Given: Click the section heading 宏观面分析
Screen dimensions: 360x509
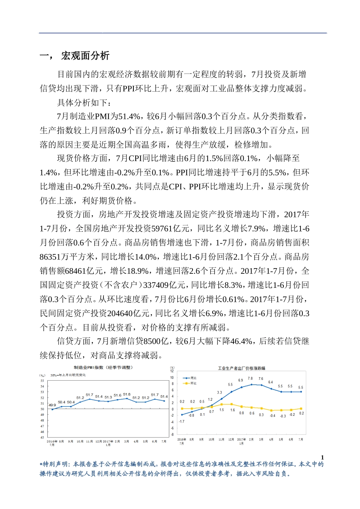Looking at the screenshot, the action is coord(85,56).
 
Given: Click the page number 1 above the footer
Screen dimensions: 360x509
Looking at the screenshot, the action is coord(322,457).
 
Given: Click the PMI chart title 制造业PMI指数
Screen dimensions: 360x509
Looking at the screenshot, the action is coord(103,367).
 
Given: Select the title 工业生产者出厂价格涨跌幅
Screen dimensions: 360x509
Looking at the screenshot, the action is coord(241,368).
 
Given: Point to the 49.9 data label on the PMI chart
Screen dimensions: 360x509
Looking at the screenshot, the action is coord(52,405).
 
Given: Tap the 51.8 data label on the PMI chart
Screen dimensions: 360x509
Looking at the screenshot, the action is coord(127,395).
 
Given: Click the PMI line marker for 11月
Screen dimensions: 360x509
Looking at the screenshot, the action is coord(89,399).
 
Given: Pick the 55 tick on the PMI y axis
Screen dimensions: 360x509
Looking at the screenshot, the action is coord(42,381).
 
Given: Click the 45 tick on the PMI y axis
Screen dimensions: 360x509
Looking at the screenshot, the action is coord(42,437).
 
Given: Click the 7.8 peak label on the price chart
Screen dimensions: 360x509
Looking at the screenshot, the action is coord(250,378).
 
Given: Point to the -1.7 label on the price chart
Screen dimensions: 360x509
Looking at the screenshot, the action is coord(182,421).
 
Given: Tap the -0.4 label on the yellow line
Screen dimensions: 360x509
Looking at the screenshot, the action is coord(272,416).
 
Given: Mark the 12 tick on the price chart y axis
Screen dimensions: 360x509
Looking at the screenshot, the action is coord(172,371).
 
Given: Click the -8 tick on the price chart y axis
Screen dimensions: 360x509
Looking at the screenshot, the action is coord(172,434).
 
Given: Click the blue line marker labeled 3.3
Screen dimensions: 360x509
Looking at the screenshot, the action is coord(222,399).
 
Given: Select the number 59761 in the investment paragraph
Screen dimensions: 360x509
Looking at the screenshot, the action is coord(162,228).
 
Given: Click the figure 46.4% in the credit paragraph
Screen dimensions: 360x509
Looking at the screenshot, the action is coord(242,341).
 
